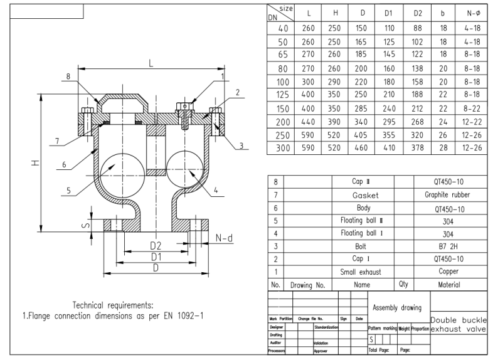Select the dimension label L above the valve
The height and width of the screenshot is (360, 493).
coord(151,63)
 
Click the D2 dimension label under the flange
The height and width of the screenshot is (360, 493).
coord(156,245)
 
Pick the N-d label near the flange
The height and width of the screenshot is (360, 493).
coord(225,238)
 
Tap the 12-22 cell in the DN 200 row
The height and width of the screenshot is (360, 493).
coord(470,122)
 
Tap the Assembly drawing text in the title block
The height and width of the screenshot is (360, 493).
coord(398,308)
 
